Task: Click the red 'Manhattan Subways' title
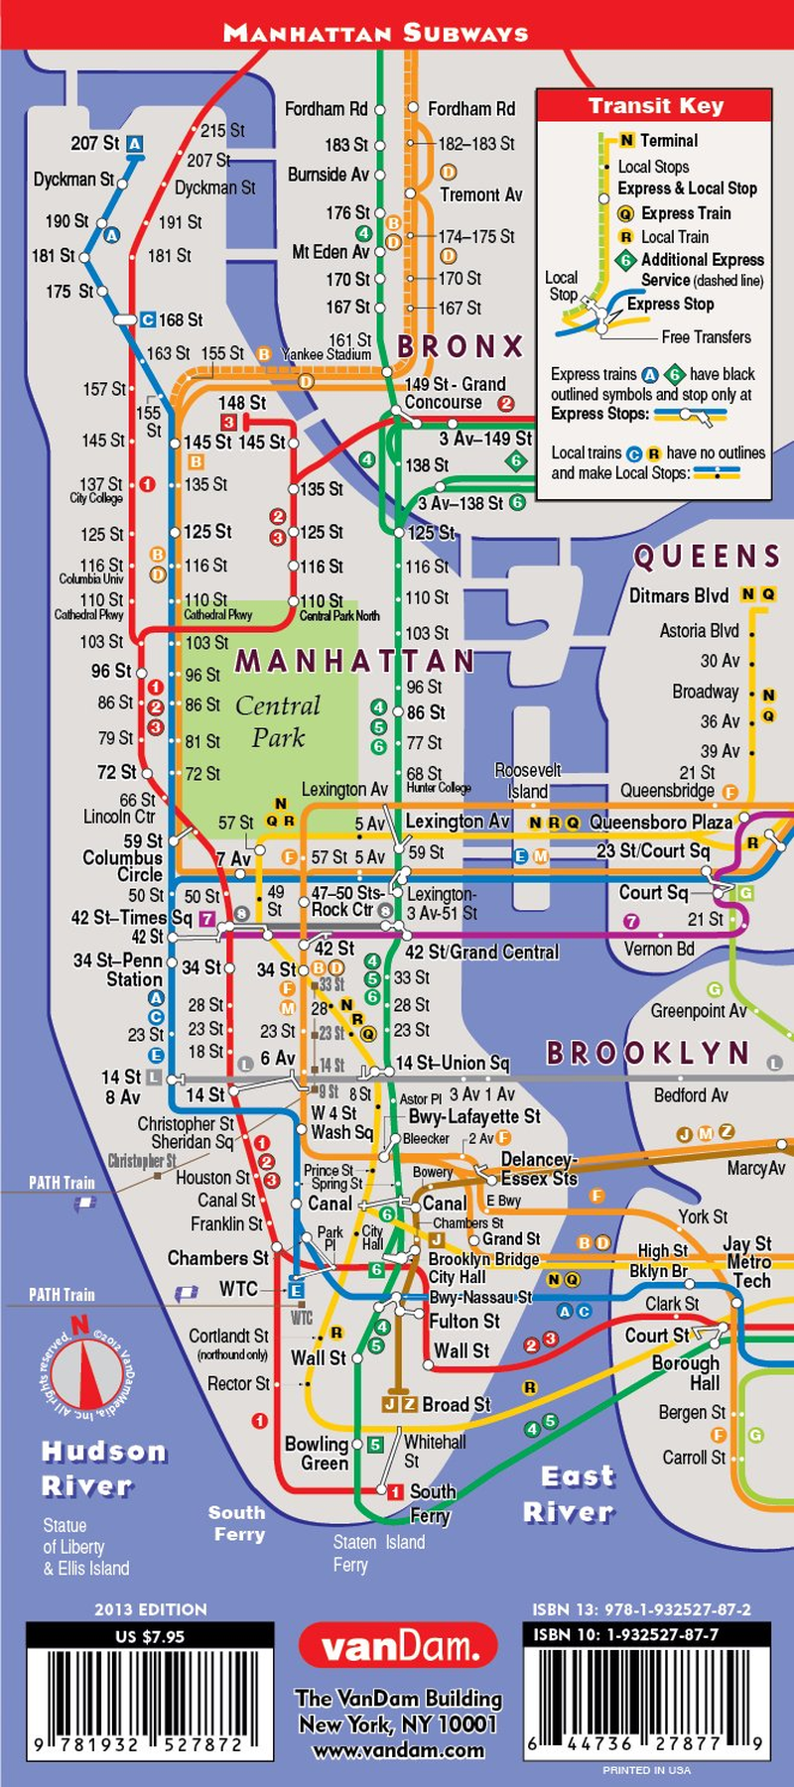click(375, 33)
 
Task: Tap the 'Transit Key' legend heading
click(655, 106)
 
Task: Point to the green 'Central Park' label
click(278, 721)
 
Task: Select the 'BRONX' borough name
click(461, 346)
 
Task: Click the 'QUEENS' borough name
click(708, 558)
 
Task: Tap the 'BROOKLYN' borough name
click(648, 1053)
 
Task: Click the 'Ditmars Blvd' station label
click(679, 595)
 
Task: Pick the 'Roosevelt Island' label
click(527, 781)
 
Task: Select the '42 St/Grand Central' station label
click(482, 953)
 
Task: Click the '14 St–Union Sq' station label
click(453, 1064)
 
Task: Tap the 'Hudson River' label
click(103, 1468)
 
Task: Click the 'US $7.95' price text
click(150, 1636)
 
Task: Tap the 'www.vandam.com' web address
click(398, 1751)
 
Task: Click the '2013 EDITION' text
click(151, 1609)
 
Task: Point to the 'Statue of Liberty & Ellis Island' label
click(85, 1547)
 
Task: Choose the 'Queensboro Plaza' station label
click(661, 822)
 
